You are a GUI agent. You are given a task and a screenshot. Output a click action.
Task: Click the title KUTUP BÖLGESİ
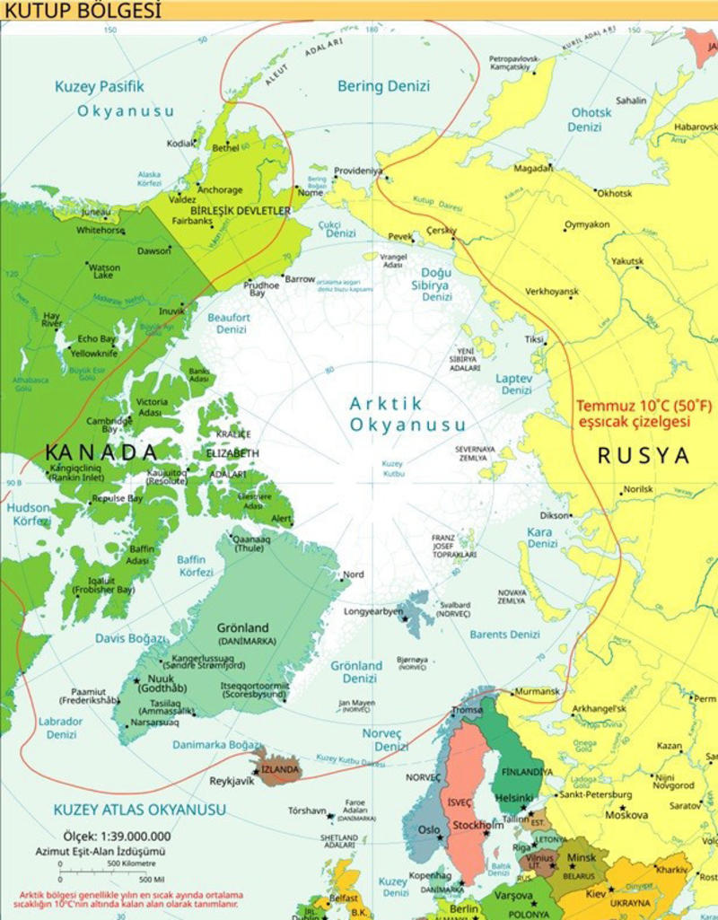pos(82,11)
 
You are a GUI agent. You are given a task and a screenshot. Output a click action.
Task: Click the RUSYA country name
pos(644,455)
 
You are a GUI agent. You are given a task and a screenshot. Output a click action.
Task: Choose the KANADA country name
pos(101,450)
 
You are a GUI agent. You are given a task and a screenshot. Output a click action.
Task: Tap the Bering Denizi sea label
pos(383,86)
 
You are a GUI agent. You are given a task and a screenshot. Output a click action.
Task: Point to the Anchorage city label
pos(220,190)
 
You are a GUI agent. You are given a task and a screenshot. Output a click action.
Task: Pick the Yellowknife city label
pos(95,353)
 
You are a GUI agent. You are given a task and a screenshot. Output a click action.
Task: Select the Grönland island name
pos(243,628)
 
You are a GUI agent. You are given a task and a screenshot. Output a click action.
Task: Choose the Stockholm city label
pos(477,825)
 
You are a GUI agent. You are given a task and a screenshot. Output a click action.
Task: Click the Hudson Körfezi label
pos(28,513)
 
